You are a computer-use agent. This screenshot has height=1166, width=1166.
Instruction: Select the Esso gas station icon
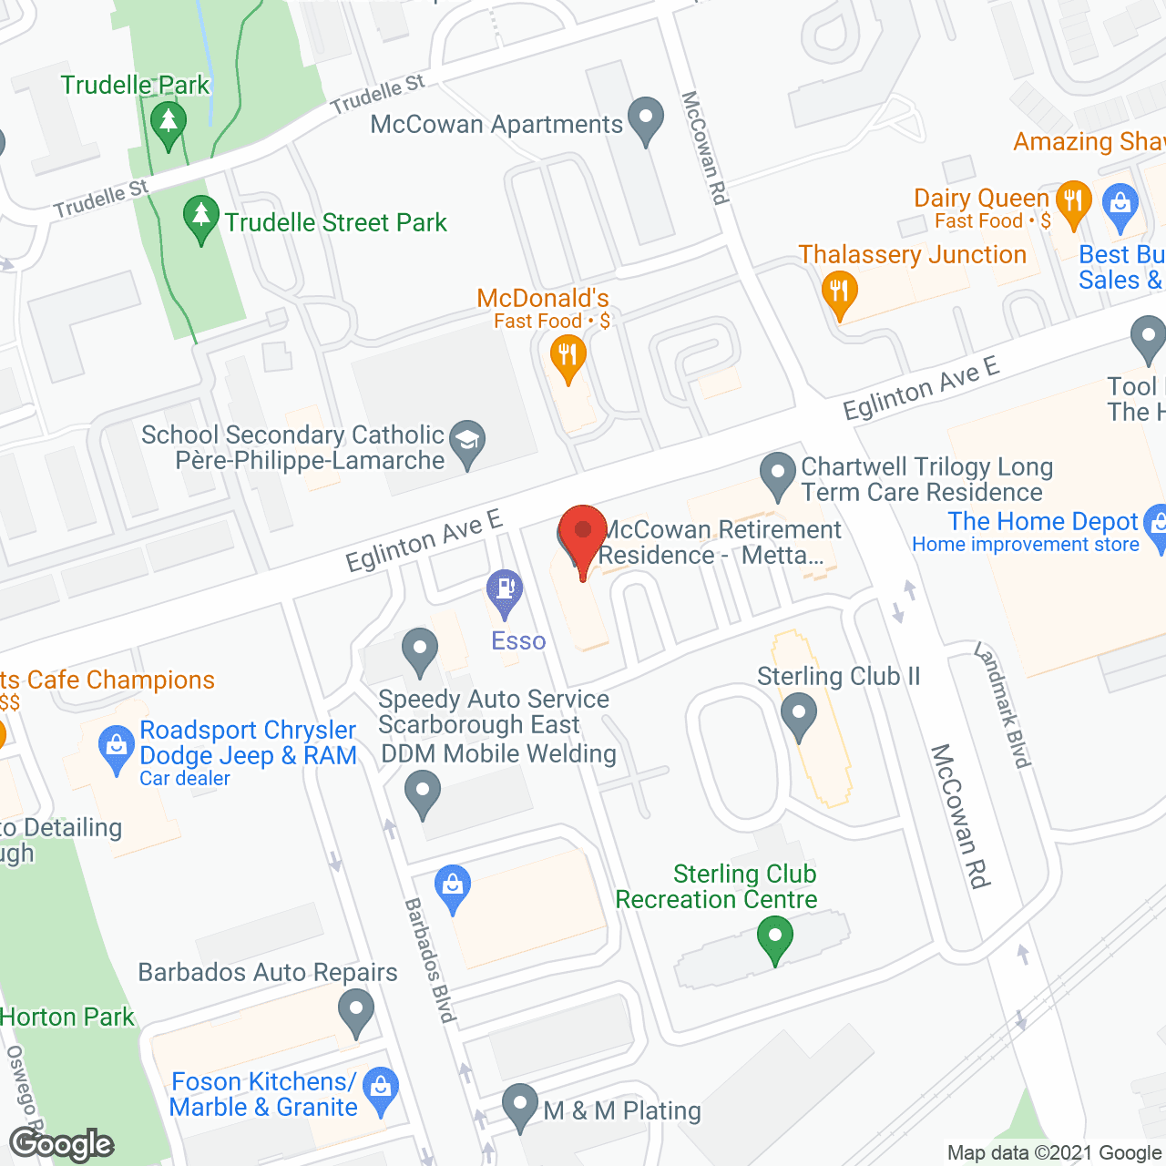[x=504, y=591]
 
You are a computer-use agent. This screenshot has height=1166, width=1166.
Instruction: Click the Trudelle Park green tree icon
[x=168, y=124]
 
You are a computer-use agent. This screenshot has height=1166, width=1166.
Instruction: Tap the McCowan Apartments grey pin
[x=646, y=119]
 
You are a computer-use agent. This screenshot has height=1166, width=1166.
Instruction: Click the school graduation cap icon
[x=467, y=442]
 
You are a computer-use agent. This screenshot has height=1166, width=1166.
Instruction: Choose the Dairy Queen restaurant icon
[x=1073, y=203]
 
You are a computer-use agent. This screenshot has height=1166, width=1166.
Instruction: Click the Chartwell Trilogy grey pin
[x=778, y=475]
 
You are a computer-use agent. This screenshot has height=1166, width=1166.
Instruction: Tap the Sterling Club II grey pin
[x=799, y=715]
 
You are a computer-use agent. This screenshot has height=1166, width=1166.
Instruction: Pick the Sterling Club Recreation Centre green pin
[x=775, y=939]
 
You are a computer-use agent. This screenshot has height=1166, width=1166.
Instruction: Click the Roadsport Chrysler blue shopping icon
[x=116, y=746]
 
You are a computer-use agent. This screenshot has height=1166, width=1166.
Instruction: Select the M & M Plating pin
[x=520, y=1106]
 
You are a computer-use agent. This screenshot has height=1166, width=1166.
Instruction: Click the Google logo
[x=62, y=1144]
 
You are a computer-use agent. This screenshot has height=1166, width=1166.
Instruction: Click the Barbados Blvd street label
[x=429, y=960]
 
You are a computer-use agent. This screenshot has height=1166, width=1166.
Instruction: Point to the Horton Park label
[x=67, y=1017]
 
